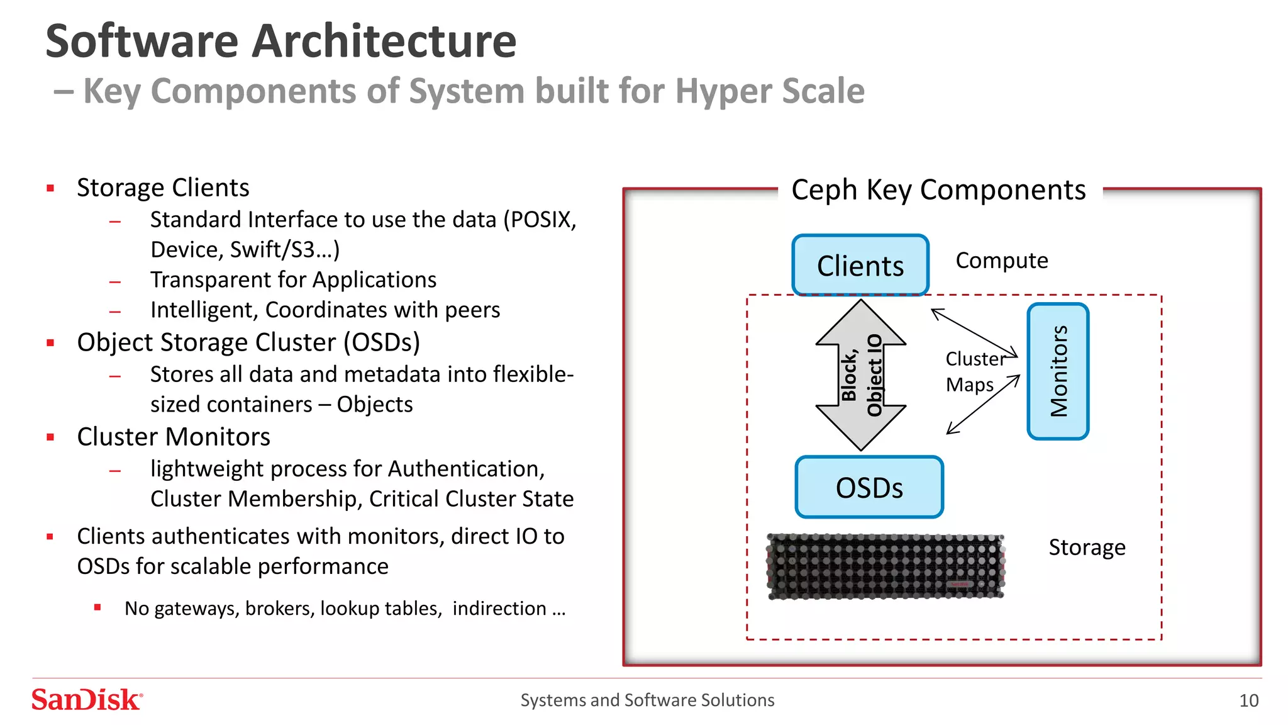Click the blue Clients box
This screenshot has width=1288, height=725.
860,265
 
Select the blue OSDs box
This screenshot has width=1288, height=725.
869,488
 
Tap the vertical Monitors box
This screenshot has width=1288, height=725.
1058,371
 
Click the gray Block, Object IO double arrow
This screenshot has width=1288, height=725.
860,375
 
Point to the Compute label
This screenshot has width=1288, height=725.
1001,261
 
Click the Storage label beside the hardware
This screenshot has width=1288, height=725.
1086,547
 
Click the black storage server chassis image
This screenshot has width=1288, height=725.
885,566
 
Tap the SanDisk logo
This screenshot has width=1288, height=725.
87,700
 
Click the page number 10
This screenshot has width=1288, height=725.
1248,700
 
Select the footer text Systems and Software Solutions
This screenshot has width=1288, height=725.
647,700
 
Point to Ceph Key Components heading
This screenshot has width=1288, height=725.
938,189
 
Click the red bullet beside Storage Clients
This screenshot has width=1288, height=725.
50,188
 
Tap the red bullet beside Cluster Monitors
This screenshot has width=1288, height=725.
50,437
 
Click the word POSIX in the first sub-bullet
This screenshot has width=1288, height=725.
541,220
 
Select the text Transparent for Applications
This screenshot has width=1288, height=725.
293,279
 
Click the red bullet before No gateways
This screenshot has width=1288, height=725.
97,608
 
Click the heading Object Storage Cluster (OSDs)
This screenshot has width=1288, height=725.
248,342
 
